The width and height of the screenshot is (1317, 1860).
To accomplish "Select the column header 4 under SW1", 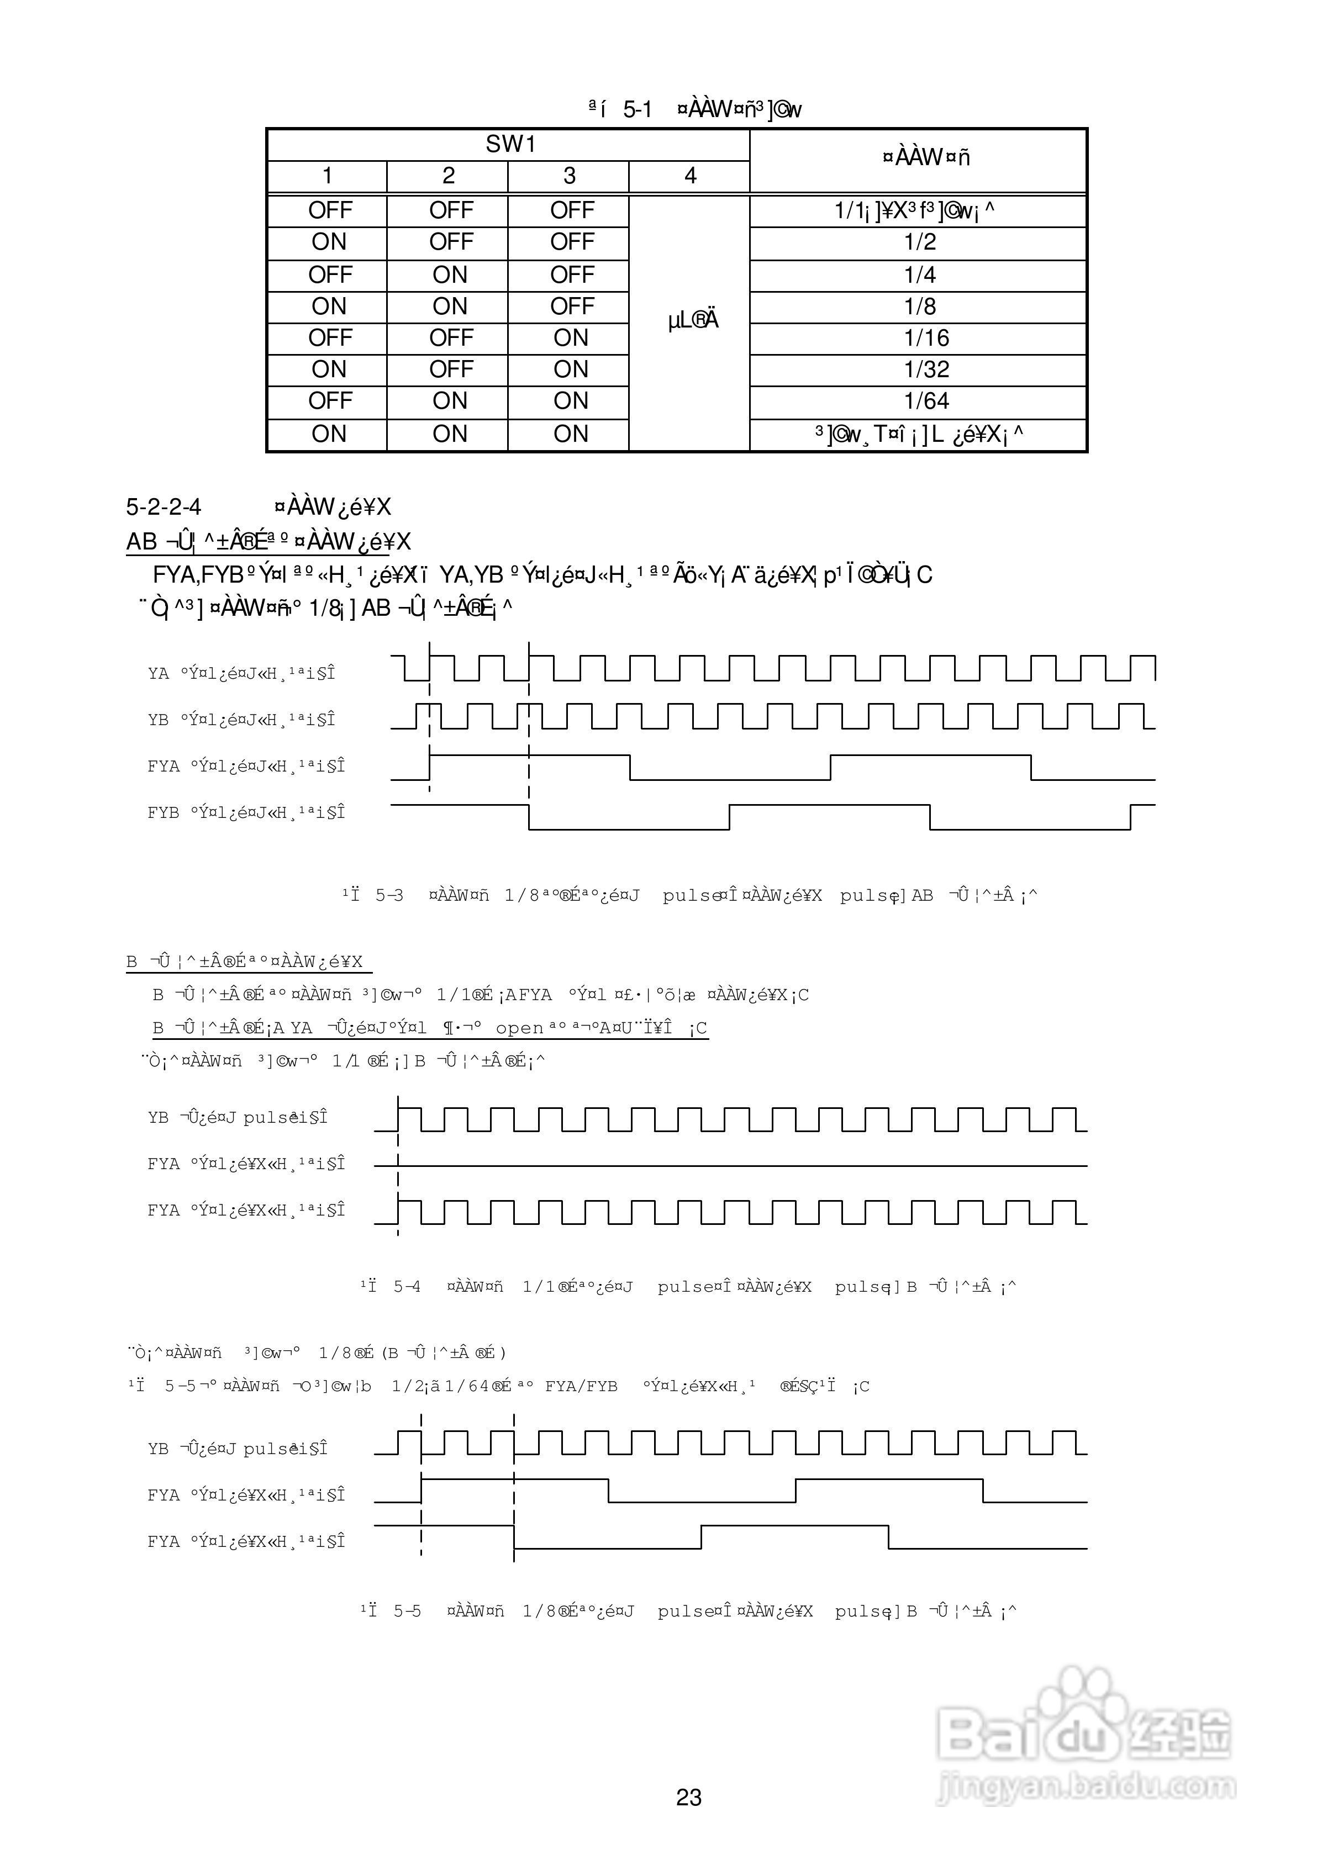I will tap(689, 176).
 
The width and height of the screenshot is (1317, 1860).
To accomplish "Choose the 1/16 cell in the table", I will tap(925, 338).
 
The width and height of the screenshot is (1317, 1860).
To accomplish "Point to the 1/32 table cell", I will tap(925, 369).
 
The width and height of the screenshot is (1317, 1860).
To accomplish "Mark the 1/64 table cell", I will tap(925, 401).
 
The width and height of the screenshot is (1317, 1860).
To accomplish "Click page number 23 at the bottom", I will tap(688, 1798).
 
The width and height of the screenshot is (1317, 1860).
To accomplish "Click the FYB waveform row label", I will tap(246, 812).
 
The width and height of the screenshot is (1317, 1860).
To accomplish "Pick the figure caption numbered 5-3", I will tap(688, 896).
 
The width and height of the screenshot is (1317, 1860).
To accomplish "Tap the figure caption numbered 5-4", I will tap(688, 1286).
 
